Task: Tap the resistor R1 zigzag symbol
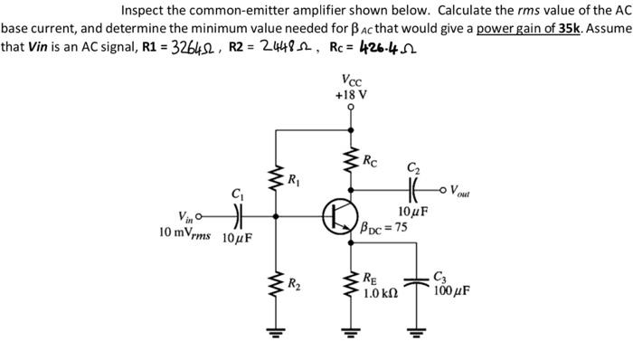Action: (277, 173)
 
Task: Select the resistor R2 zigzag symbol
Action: (277, 286)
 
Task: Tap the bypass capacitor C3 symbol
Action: (418, 281)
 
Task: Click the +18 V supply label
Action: (349, 94)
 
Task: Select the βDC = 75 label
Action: (383, 228)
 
